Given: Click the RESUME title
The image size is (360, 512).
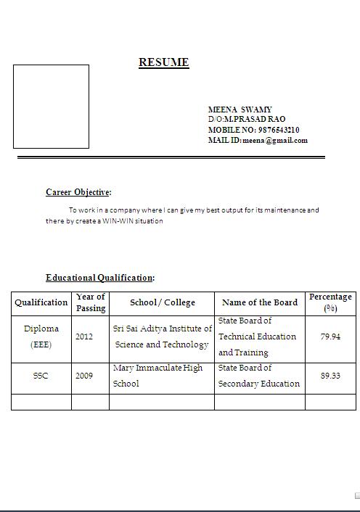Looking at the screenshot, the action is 164,62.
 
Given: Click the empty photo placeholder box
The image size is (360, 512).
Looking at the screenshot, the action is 51,107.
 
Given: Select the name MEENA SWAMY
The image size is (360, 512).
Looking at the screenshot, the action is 240,110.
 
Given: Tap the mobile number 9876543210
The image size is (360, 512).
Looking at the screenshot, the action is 279,130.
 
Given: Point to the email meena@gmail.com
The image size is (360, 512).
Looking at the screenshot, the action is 275,141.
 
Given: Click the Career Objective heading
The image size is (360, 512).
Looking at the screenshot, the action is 78,192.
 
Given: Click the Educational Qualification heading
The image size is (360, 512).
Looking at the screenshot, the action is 99,278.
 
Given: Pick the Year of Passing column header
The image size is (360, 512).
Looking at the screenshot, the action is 91,302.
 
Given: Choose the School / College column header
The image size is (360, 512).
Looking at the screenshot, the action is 163,302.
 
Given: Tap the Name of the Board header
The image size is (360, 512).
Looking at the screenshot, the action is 260,302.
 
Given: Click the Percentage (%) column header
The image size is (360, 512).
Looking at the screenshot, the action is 330,302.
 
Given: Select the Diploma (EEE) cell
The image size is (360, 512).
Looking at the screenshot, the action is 41,336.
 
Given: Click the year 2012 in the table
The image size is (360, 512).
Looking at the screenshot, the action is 84,336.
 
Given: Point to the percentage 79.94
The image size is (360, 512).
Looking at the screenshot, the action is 330,336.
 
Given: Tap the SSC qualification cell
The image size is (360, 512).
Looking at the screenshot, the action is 41,376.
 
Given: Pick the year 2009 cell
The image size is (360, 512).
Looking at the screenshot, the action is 84,376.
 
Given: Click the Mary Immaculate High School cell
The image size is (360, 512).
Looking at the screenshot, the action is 158,376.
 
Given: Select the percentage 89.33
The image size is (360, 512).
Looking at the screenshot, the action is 330,376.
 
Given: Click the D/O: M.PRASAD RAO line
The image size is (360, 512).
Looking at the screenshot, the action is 247,119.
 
